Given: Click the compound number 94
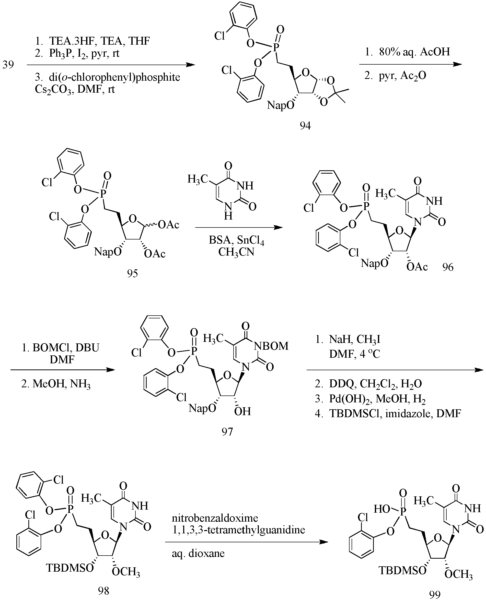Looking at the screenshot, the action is (305, 126).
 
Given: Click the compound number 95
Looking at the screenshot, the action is (132, 273).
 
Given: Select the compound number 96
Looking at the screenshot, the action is (448, 267).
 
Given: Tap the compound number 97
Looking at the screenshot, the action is (227, 431).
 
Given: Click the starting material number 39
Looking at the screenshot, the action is (8, 65).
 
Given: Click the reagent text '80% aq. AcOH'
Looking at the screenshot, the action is (415, 52).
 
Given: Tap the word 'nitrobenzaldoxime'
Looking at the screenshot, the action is (215, 518).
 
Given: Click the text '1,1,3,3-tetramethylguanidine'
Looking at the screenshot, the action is (238, 530).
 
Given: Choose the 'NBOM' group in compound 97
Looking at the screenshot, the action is (271, 346).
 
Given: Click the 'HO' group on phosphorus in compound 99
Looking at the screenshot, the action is (382, 509).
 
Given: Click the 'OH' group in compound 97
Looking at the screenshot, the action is (242, 411).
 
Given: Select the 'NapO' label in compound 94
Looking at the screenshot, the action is (281, 105).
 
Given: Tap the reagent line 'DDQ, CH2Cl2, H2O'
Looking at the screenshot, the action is (375, 383).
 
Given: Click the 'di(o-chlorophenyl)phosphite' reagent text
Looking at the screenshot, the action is (114, 77).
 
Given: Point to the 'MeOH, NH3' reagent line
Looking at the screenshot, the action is (61, 384).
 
